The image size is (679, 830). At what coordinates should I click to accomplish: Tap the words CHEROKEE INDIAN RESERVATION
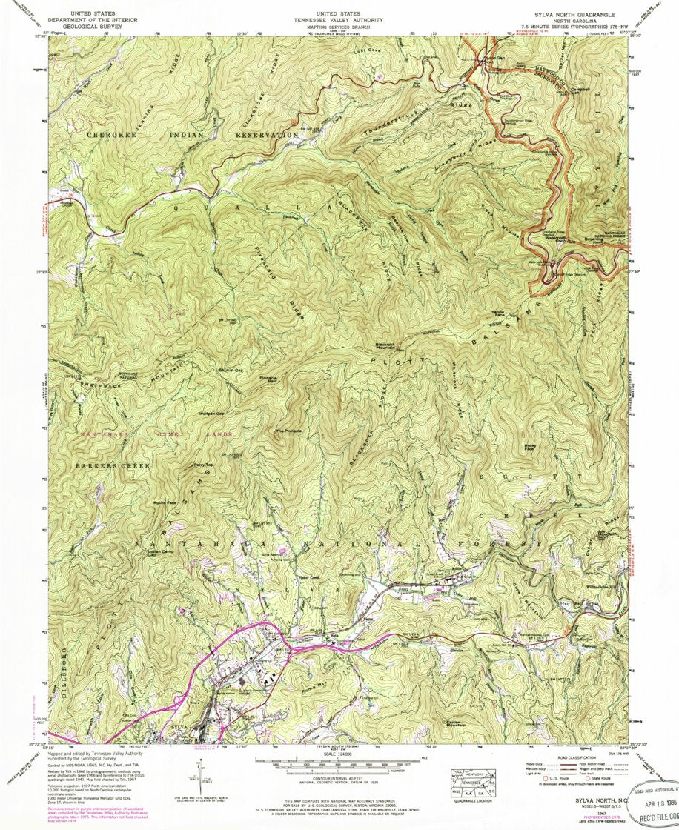[192, 135]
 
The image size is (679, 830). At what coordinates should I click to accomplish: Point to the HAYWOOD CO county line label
[528, 68]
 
